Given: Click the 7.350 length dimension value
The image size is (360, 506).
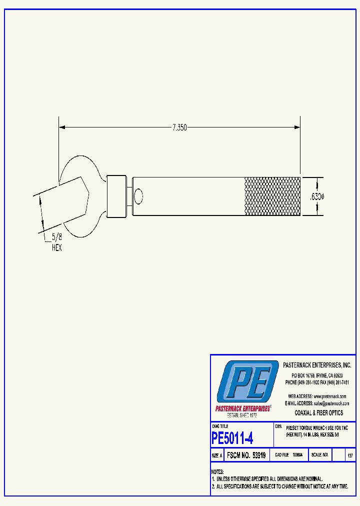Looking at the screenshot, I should (179, 128).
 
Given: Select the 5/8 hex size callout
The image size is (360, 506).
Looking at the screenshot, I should (57, 239).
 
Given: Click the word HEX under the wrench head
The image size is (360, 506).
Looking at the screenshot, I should (57, 247).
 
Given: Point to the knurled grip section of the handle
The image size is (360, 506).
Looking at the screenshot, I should (272, 196).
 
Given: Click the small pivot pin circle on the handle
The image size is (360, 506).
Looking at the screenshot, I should (138, 195).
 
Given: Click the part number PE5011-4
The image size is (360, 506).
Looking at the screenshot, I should (232, 438).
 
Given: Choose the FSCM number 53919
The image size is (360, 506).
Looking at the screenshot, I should (245, 455).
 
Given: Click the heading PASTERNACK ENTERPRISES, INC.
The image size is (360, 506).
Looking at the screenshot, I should (317, 365).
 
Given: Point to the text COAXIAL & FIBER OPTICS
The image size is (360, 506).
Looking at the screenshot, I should (319, 413).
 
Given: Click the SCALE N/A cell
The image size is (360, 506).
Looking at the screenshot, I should (319, 455).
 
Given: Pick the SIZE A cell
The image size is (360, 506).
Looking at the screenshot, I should (217, 455).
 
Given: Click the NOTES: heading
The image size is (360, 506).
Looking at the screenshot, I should (217, 472).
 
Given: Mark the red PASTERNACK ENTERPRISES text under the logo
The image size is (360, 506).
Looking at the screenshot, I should (243, 408).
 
